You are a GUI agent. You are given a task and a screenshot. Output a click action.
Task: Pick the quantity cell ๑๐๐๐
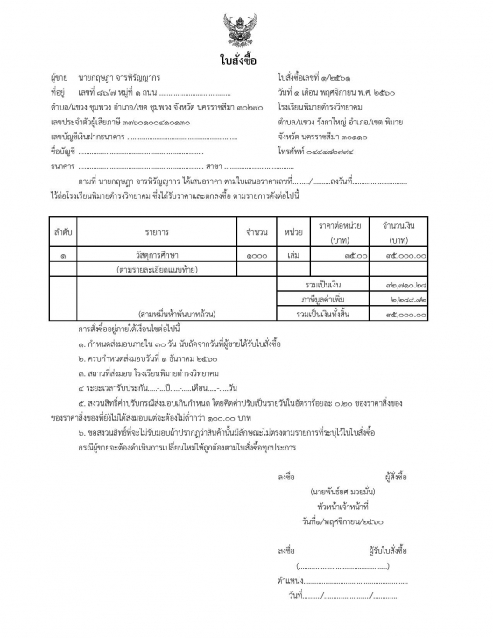257,255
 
